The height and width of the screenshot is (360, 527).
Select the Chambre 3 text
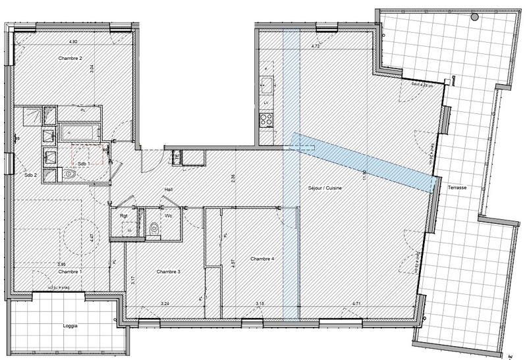[169, 272]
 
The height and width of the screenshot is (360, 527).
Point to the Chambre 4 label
[262, 259]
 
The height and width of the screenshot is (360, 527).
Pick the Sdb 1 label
[83, 163]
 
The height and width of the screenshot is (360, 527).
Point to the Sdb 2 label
[30, 175]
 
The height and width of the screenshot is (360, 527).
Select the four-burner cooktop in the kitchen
[267, 120]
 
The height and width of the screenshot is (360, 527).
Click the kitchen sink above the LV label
[266, 84]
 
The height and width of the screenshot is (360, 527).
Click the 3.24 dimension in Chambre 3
[165, 303]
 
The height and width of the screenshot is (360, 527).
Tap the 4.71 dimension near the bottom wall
[356, 303]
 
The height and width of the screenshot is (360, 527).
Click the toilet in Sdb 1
[71, 174]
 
